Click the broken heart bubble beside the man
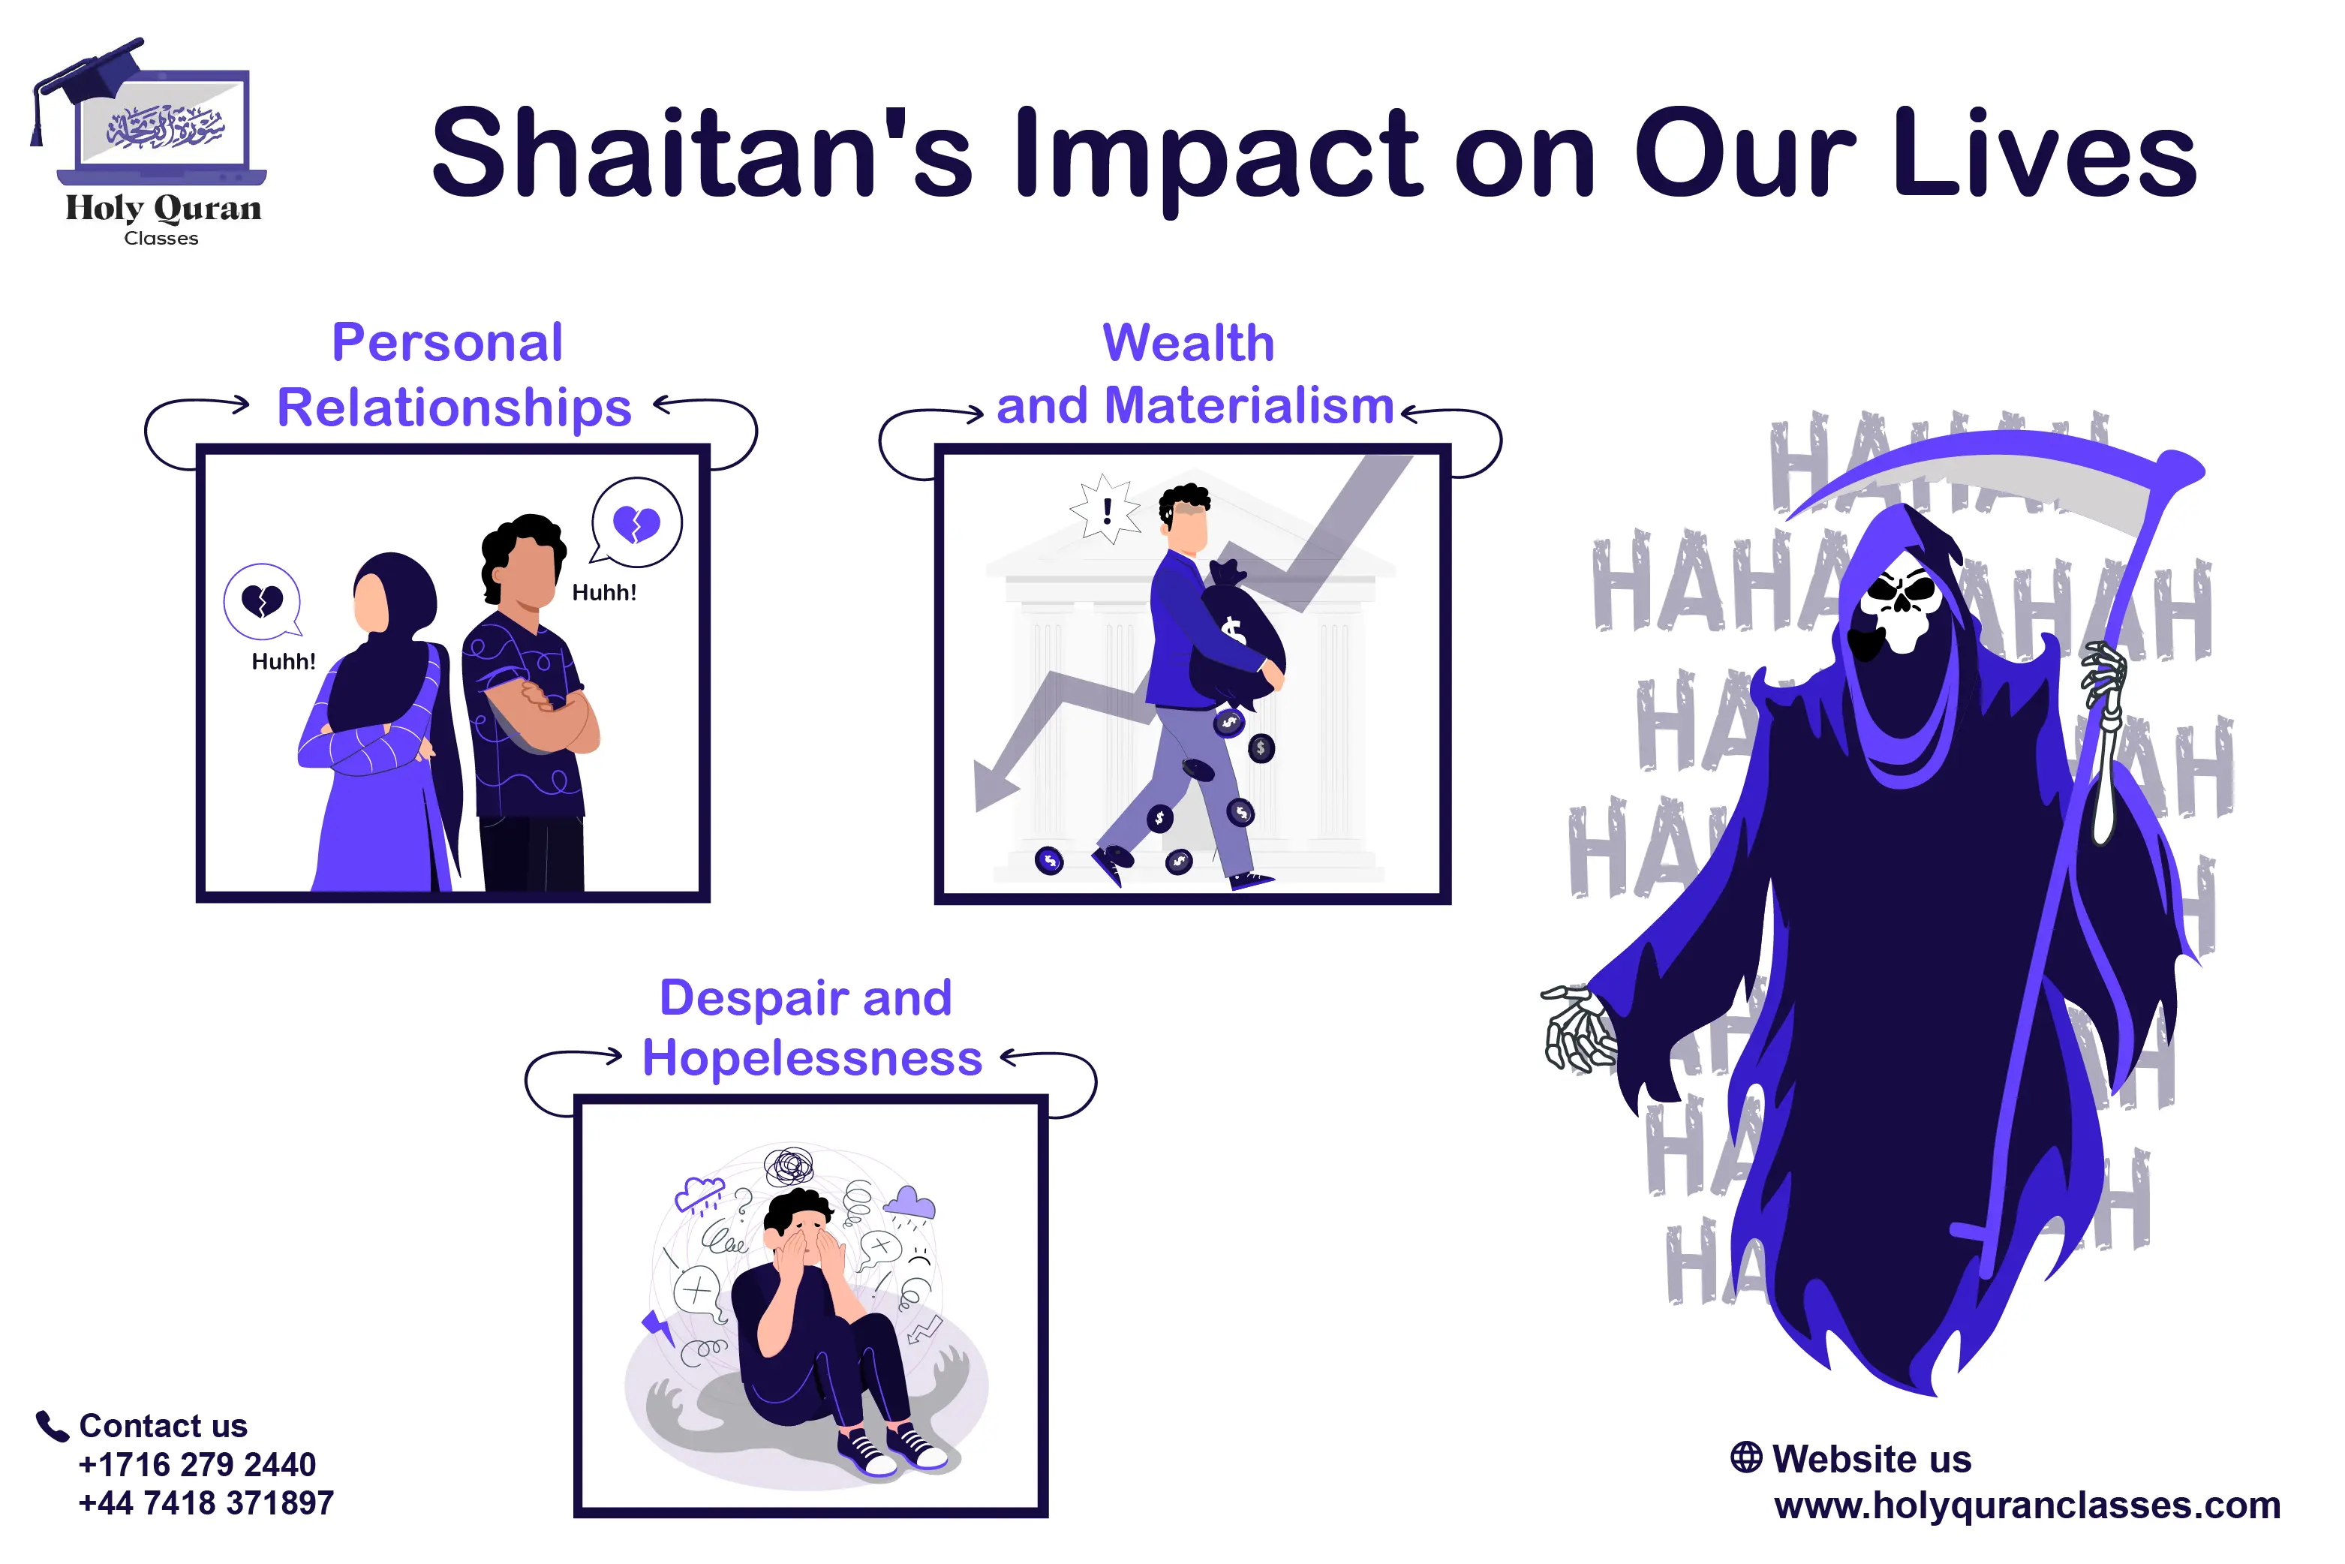pyautogui.click(x=636, y=522)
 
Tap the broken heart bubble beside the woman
pyautogui.click(x=261, y=600)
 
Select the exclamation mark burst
pyautogui.click(x=1105, y=510)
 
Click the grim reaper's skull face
pyautogui.click(x=1900, y=609)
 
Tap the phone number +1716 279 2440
pyautogui.click(x=197, y=1464)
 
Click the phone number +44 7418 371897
pyautogui.click(x=206, y=1503)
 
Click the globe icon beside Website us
pyautogui.click(x=1745, y=1457)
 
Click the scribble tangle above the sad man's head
pyautogui.click(x=789, y=1165)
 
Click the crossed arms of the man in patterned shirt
pyautogui.click(x=543, y=708)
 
